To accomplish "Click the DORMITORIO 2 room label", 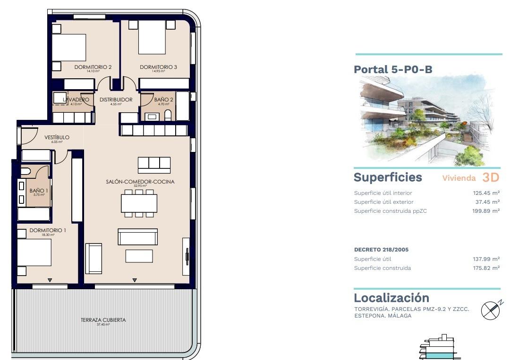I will coord(93,67).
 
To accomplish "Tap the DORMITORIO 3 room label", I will coord(158,67).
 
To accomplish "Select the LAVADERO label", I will coord(76,100).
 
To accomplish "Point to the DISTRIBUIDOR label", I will coord(116,100).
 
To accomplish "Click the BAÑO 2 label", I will coord(163,100).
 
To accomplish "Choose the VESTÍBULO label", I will coord(57,137).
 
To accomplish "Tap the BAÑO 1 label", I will coord(37,191).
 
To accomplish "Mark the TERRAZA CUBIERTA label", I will coord(103,320).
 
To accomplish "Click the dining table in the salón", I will coord(139,203).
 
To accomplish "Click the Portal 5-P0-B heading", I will coord(393,69).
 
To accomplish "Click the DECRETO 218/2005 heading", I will coord(381,250).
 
